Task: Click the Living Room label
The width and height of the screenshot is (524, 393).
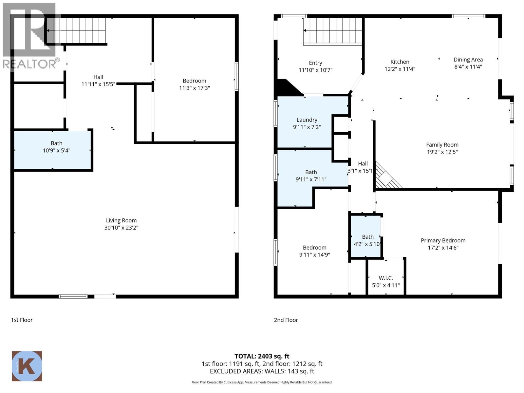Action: pyautogui.click(x=121, y=220)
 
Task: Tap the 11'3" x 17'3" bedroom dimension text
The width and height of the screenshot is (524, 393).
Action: pyautogui.click(x=194, y=88)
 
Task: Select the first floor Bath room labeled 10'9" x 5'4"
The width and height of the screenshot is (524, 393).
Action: pyautogui.click(x=52, y=150)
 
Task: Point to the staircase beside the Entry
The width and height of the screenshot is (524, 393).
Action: pyautogui.click(x=332, y=31)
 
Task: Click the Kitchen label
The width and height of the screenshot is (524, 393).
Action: pyautogui.click(x=400, y=62)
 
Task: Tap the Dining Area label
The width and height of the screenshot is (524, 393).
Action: pyautogui.click(x=468, y=60)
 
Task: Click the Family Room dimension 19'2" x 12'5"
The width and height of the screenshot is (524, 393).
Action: pyautogui.click(x=442, y=152)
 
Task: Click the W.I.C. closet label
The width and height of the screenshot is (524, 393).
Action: pyautogui.click(x=386, y=278)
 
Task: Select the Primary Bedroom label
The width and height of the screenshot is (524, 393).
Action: pyautogui.click(x=443, y=240)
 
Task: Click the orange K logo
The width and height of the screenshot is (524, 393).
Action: pyautogui.click(x=27, y=366)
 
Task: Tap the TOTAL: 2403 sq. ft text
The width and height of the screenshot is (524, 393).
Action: pyautogui.click(x=262, y=356)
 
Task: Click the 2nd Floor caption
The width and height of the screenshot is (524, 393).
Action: pyautogui.click(x=286, y=320)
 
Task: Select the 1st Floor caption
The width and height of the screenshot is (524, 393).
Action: pyautogui.click(x=22, y=320)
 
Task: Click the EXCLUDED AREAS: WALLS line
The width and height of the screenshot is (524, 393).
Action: pyautogui.click(x=262, y=371)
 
